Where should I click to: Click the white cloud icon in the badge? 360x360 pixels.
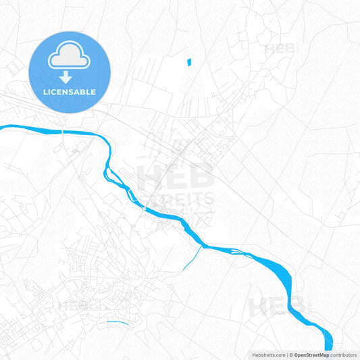click(70, 59)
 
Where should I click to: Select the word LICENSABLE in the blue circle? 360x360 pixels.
click(70, 92)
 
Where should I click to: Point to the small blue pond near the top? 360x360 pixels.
click(188, 61)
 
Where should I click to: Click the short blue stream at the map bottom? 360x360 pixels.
click(118, 322)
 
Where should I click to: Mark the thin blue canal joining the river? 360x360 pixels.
click(192, 257)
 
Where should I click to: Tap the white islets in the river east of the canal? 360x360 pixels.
click(236, 252)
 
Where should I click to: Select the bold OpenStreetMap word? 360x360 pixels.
click(316, 354)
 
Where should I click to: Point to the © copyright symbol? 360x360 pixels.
click(291, 354)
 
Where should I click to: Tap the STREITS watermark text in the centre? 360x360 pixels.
click(177, 199)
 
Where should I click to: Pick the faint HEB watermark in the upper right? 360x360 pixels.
click(278, 49)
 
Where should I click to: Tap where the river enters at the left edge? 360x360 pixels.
click(2, 127)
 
